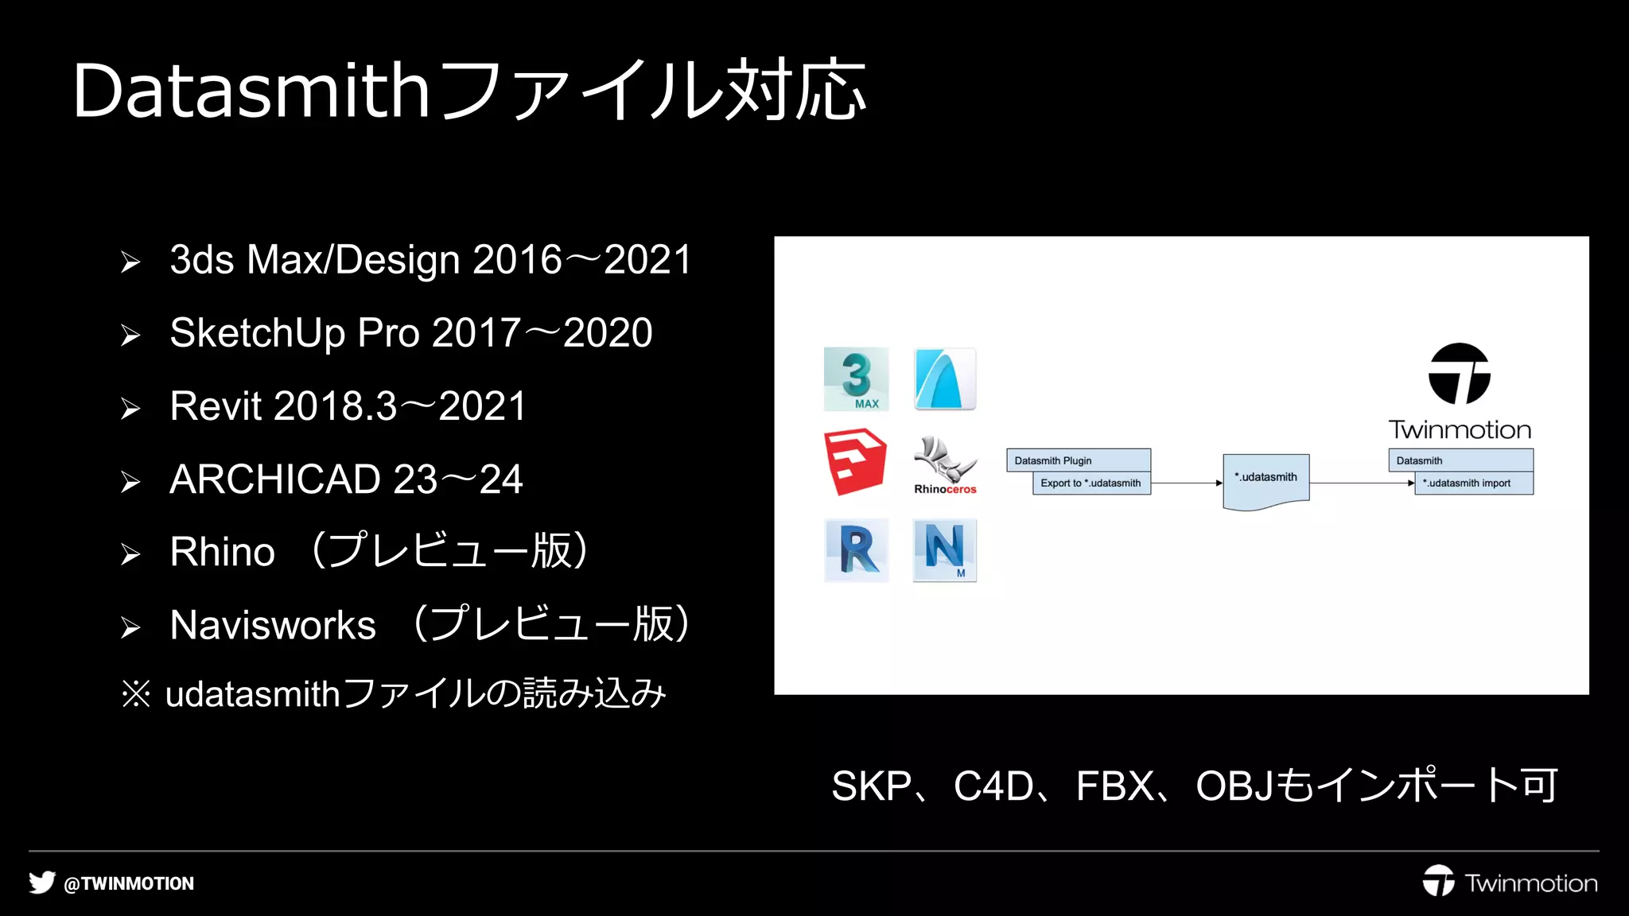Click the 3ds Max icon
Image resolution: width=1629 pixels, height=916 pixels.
(x=856, y=378)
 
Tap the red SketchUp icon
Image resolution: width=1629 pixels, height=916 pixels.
(x=855, y=461)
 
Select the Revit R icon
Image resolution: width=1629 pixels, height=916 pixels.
(x=857, y=550)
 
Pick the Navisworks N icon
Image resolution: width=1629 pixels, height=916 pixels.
(x=945, y=550)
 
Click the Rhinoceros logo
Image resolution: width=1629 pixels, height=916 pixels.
(x=945, y=465)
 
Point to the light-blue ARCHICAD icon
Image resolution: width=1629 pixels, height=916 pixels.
(x=945, y=378)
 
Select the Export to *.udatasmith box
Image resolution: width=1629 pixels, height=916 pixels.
(x=1091, y=483)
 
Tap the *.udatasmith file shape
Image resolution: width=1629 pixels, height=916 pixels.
(x=1265, y=480)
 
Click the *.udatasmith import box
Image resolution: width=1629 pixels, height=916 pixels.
(x=1473, y=483)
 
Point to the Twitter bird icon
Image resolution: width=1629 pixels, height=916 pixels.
(x=42, y=883)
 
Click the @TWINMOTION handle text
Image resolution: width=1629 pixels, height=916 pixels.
(x=129, y=883)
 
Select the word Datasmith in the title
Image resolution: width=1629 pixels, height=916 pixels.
(x=251, y=91)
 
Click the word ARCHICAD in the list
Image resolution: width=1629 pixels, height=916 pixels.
(x=275, y=479)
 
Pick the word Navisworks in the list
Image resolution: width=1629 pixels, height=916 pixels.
(x=273, y=625)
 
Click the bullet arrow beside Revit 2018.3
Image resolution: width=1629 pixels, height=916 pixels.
(x=130, y=409)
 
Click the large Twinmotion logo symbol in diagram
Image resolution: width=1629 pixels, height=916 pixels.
(x=1459, y=374)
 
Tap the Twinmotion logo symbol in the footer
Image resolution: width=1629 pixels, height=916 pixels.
(x=1438, y=881)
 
